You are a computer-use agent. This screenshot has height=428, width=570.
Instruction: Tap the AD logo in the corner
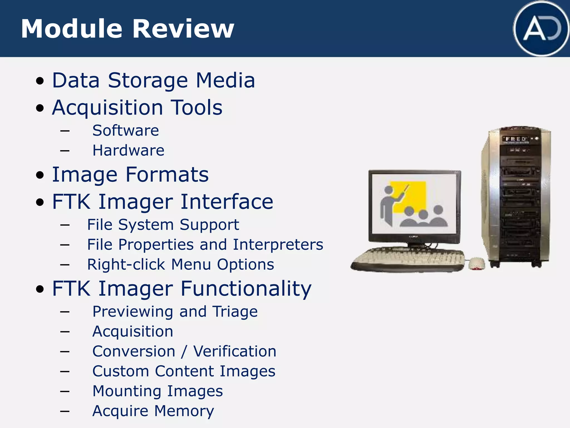pos(541,29)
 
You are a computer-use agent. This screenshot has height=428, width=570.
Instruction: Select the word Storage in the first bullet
pos(148,81)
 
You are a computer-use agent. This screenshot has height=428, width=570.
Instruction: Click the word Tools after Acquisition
pos(196,108)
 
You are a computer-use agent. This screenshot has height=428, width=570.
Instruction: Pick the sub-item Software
pos(126,130)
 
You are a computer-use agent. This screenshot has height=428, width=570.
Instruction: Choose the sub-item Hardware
pos(128,150)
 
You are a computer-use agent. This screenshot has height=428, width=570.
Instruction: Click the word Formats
pos(167,175)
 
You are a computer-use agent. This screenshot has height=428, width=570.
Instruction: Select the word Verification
pos(235,351)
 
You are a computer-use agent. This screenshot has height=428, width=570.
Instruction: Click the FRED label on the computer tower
pos(516,139)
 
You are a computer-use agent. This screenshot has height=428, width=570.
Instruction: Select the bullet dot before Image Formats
pos(40,175)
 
